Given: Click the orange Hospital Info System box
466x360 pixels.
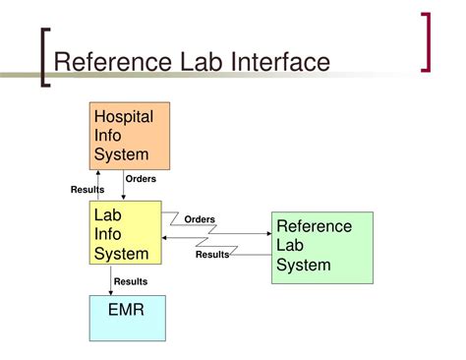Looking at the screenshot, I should point(130,136).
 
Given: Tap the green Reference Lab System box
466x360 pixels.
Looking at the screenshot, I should point(321,246).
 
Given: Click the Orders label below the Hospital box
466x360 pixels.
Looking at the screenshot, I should point(141,179).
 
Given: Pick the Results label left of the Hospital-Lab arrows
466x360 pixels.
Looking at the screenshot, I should point(87,190).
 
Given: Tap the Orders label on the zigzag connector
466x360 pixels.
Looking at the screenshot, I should point(200,219).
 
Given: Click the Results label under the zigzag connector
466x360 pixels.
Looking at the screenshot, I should point(211,255).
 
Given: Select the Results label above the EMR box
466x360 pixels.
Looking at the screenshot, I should point(131,281).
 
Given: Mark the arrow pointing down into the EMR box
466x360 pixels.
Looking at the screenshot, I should point(110,290).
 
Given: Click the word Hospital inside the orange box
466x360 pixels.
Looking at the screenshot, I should point(123,117).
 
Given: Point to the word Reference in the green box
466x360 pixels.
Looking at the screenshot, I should point(314,226).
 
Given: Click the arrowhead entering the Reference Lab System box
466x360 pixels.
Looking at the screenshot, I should point(267,234).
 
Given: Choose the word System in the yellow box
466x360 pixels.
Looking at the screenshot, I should point(121,254).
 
